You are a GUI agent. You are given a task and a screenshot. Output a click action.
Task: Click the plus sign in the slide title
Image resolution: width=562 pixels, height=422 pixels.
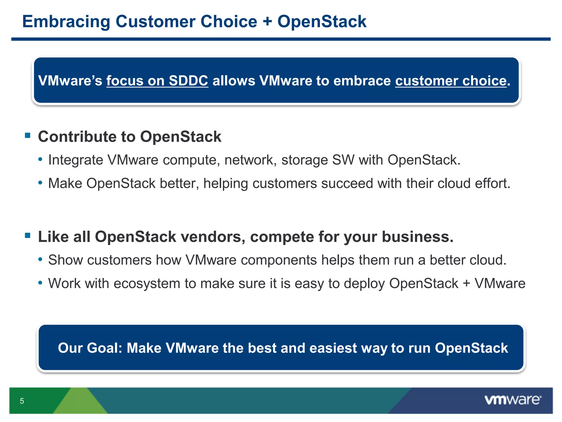pos(267,22)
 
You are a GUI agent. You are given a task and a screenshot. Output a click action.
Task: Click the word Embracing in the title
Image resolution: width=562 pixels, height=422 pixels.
pos(66,22)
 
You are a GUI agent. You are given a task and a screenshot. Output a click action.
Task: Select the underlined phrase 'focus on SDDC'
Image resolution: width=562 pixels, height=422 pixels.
pos(157,81)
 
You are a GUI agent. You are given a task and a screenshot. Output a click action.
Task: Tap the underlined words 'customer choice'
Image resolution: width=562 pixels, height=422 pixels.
pos(451,81)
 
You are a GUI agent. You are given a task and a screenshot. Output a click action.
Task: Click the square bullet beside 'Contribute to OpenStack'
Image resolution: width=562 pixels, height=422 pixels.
pos(27,135)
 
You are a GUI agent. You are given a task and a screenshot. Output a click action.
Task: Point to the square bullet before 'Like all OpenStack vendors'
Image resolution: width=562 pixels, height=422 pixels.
pos(27,235)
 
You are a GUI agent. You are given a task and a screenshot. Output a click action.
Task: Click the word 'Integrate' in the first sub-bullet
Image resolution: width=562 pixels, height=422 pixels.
pos(75,160)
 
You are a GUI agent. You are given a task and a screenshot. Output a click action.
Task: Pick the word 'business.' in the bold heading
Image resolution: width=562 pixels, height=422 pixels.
pos(417,237)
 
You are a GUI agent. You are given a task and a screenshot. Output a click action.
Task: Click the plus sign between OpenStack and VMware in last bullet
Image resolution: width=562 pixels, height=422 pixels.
pos(466,284)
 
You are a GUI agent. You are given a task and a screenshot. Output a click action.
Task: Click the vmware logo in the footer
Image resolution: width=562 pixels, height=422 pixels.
pos(513,400)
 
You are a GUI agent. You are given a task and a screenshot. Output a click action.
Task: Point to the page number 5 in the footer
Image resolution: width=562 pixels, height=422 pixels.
pos(22,401)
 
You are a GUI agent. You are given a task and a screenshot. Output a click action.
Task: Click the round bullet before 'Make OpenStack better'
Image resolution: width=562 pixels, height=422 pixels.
pos(40,183)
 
